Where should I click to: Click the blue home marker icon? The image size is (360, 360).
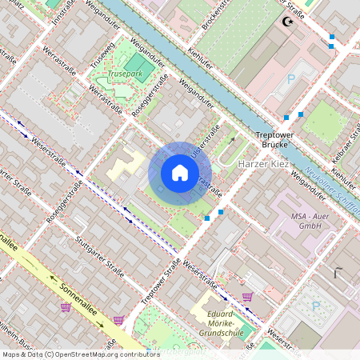pos(180,172)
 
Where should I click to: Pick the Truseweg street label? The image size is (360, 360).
pos(102,55)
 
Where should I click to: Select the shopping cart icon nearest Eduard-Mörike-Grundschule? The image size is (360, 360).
pos(248,297)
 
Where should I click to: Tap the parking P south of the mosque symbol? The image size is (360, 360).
pos(291,80)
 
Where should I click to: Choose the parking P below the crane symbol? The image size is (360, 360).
pos(315,305)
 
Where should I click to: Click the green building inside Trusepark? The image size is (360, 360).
pos(137,64)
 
